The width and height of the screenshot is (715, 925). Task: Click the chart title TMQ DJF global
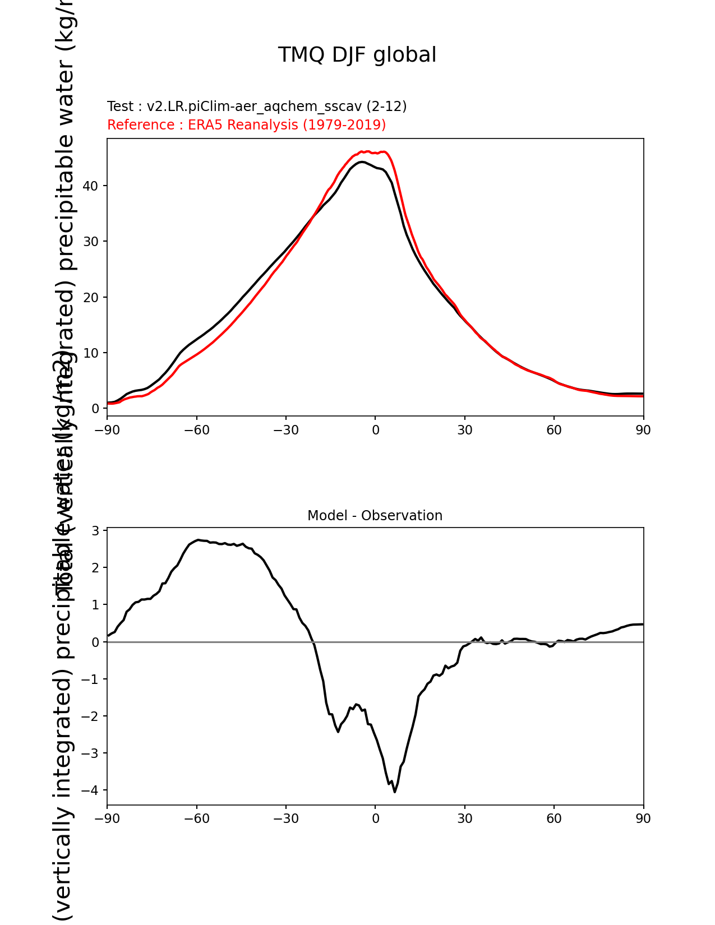pyautogui.click(x=357, y=55)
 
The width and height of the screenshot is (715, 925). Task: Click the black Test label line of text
pyautogui.click(x=257, y=107)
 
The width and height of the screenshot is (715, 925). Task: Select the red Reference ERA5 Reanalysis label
pyautogui.click(x=246, y=124)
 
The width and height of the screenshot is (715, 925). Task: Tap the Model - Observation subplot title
pyautogui.click(x=375, y=516)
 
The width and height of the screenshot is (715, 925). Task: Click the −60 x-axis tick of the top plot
pyautogui.click(x=196, y=430)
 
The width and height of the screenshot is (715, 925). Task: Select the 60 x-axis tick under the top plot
pyautogui.click(x=553, y=430)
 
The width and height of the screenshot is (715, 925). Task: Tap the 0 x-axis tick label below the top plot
pyautogui.click(x=375, y=430)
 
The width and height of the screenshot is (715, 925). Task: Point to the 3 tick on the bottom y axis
pyautogui.click(x=96, y=531)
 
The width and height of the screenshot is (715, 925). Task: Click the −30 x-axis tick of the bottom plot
pyautogui.click(x=285, y=818)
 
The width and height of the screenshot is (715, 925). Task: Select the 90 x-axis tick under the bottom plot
pyautogui.click(x=643, y=818)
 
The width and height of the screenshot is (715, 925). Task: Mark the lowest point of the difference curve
pyautogui.click(x=395, y=792)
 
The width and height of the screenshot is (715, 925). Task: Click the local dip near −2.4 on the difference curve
pyautogui.click(x=338, y=732)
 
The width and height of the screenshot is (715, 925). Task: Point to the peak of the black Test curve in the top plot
pyautogui.click(x=362, y=162)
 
